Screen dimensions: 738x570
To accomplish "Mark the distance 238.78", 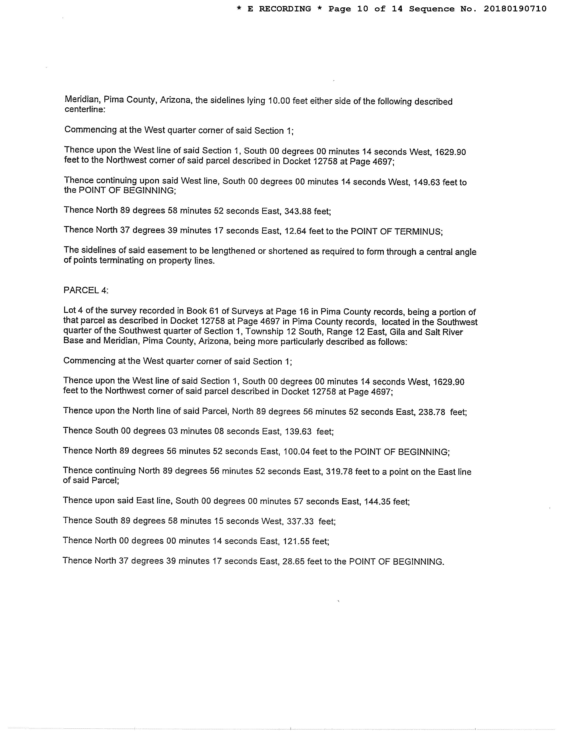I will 432,412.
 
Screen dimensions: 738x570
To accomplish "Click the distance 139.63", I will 298,432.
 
